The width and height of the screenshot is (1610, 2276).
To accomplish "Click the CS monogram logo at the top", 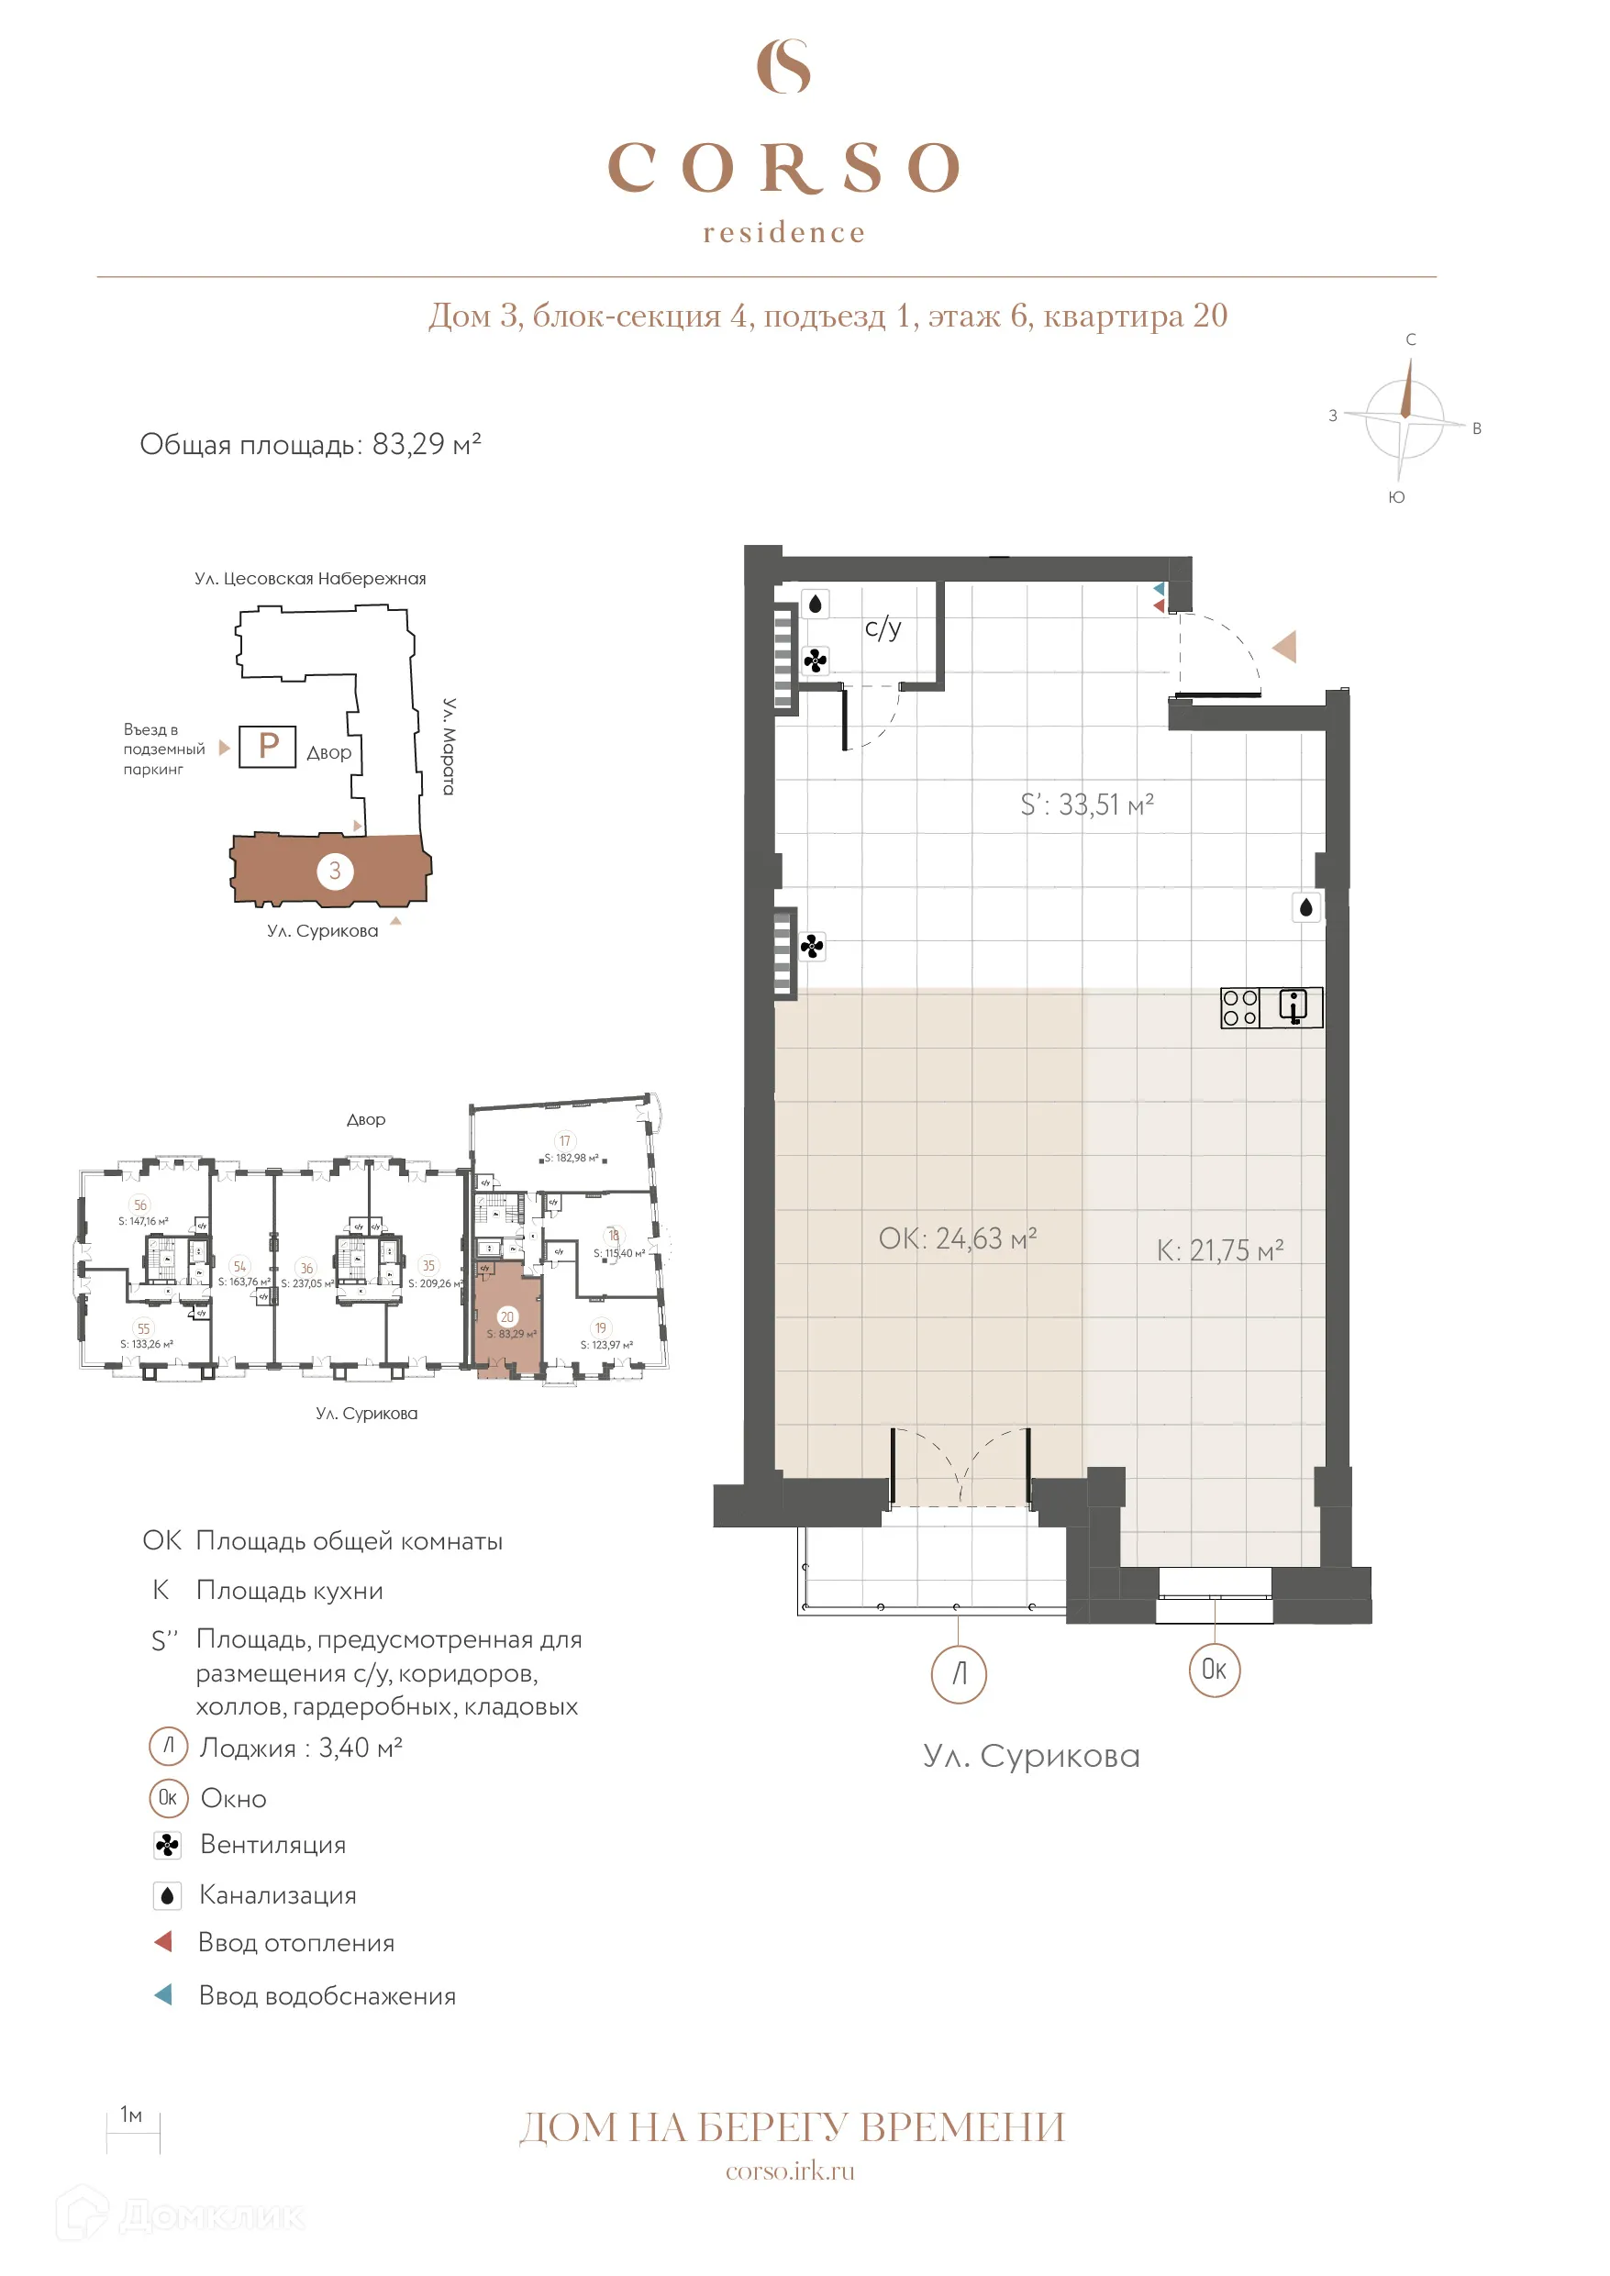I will (x=783, y=66).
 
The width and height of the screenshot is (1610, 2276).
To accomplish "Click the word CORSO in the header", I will (x=784, y=167).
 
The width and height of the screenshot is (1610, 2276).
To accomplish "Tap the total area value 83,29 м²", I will (x=427, y=444).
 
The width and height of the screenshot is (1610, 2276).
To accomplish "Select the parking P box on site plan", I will (x=268, y=746).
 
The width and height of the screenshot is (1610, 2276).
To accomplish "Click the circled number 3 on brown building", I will (x=335, y=871).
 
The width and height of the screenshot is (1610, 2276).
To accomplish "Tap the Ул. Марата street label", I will (x=450, y=746).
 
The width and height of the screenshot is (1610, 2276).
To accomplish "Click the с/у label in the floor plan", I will (x=883, y=627).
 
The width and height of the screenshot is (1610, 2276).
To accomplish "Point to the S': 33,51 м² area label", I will (x=1086, y=804).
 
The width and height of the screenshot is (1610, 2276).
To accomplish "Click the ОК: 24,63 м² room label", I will (x=957, y=1238).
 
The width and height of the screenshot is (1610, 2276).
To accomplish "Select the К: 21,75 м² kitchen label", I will (x=1219, y=1250).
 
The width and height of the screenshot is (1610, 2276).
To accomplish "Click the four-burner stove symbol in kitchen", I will (x=1239, y=1007).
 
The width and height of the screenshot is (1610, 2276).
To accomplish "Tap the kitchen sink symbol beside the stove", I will (x=1293, y=1007).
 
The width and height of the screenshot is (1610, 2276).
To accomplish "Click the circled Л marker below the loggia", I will (x=959, y=1674).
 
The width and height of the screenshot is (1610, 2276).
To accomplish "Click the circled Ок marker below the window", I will (x=1215, y=1670).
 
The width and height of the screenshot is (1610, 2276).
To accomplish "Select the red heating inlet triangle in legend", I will (x=164, y=1941).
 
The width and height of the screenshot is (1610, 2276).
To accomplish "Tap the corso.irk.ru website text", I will (x=790, y=2171).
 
